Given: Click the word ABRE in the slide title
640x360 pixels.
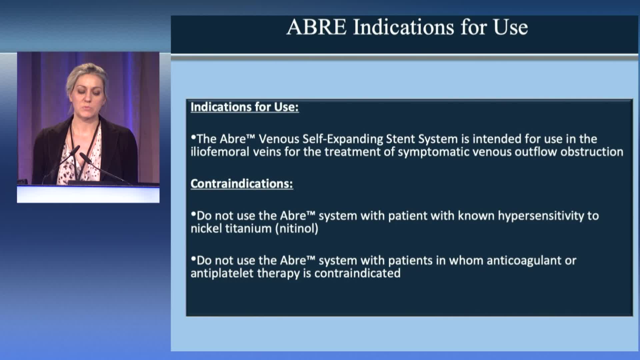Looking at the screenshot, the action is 316,27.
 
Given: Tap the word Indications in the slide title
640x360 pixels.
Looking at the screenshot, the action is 404,27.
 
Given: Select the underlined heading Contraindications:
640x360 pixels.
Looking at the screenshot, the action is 242,184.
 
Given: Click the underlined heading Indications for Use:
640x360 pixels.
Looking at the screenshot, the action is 245,107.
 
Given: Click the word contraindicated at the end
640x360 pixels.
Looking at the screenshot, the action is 357,273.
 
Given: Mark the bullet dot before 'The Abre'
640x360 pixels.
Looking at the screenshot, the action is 193,137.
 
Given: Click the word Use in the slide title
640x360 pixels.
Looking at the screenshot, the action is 511,27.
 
